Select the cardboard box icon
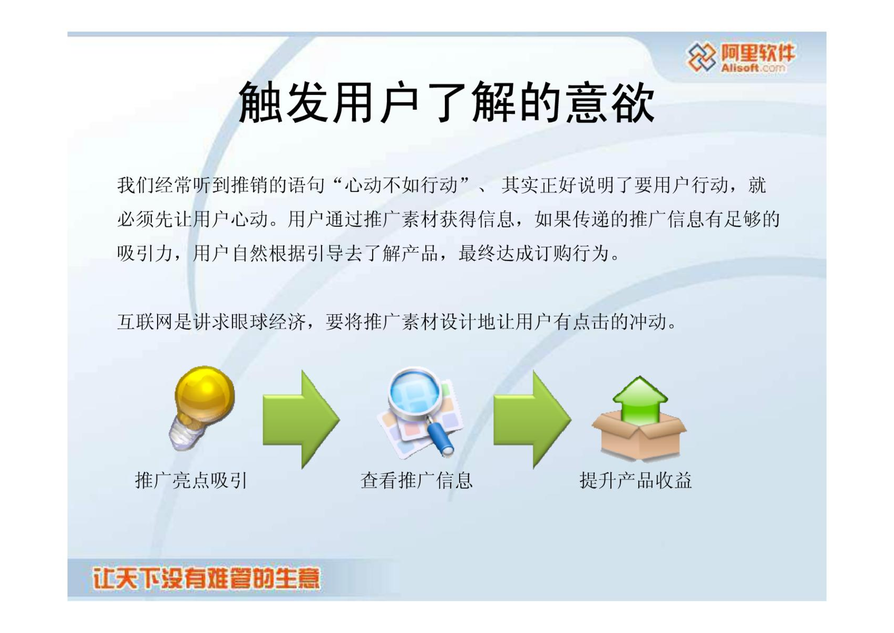click(x=639, y=435)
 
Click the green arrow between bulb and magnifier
click(x=301, y=419)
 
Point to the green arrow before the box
click(x=532, y=419)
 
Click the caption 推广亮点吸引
click(x=191, y=481)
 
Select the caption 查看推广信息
click(x=416, y=481)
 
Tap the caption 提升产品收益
click(x=636, y=481)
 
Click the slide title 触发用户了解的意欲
click(x=446, y=102)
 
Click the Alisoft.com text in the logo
click(x=753, y=68)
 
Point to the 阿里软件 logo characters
click(x=758, y=53)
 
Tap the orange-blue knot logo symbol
click(x=702, y=57)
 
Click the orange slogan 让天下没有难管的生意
click(x=206, y=578)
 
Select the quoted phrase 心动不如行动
click(x=401, y=185)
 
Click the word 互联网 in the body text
click(x=145, y=322)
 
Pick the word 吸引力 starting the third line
click(x=145, y=253)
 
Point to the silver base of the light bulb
click(x=185, y=433)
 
